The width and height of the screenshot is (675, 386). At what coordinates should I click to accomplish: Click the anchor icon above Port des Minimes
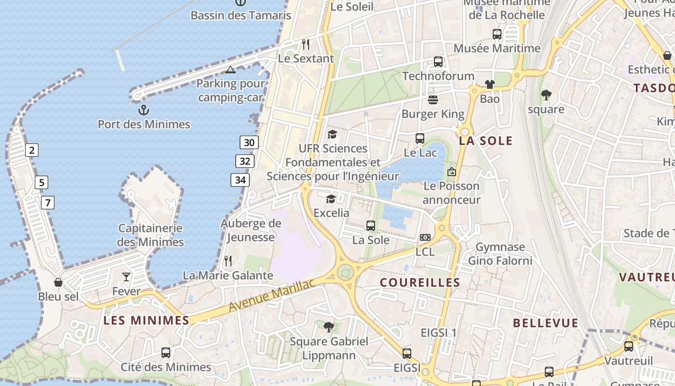point(144,110)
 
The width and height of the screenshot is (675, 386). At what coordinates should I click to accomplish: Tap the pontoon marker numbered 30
point(249,142)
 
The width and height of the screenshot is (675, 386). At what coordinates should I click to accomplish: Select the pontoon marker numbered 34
point(240,180)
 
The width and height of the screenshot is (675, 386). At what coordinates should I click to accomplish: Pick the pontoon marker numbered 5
point(41,182)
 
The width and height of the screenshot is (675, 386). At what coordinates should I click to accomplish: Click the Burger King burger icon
point(433,100)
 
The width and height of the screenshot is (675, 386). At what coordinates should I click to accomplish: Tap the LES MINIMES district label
point(147,320)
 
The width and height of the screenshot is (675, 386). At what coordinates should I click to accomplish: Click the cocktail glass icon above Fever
point(126,276)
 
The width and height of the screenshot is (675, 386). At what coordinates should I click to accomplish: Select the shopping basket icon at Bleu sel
point(58,282)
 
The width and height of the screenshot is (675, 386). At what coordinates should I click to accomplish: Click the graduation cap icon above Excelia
point(331,199)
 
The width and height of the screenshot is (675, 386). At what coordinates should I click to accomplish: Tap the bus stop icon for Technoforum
point(438,62)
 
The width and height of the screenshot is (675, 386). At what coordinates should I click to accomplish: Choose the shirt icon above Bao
point(490,84)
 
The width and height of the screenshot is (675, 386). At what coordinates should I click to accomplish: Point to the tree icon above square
point(546,95)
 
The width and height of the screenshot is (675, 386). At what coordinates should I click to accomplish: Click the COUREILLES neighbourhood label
point(420,282)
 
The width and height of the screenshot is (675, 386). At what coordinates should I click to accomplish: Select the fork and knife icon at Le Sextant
point(306,44)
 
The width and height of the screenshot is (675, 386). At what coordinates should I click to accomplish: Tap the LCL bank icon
point(425,237)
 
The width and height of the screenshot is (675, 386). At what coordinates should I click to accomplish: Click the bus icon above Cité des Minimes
point(166,352)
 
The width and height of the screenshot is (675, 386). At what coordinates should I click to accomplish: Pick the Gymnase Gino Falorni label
point(500,254)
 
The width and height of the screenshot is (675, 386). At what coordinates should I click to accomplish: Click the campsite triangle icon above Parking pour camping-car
point(230,70)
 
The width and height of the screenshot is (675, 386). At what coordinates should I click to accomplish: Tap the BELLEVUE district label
point(545,323)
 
